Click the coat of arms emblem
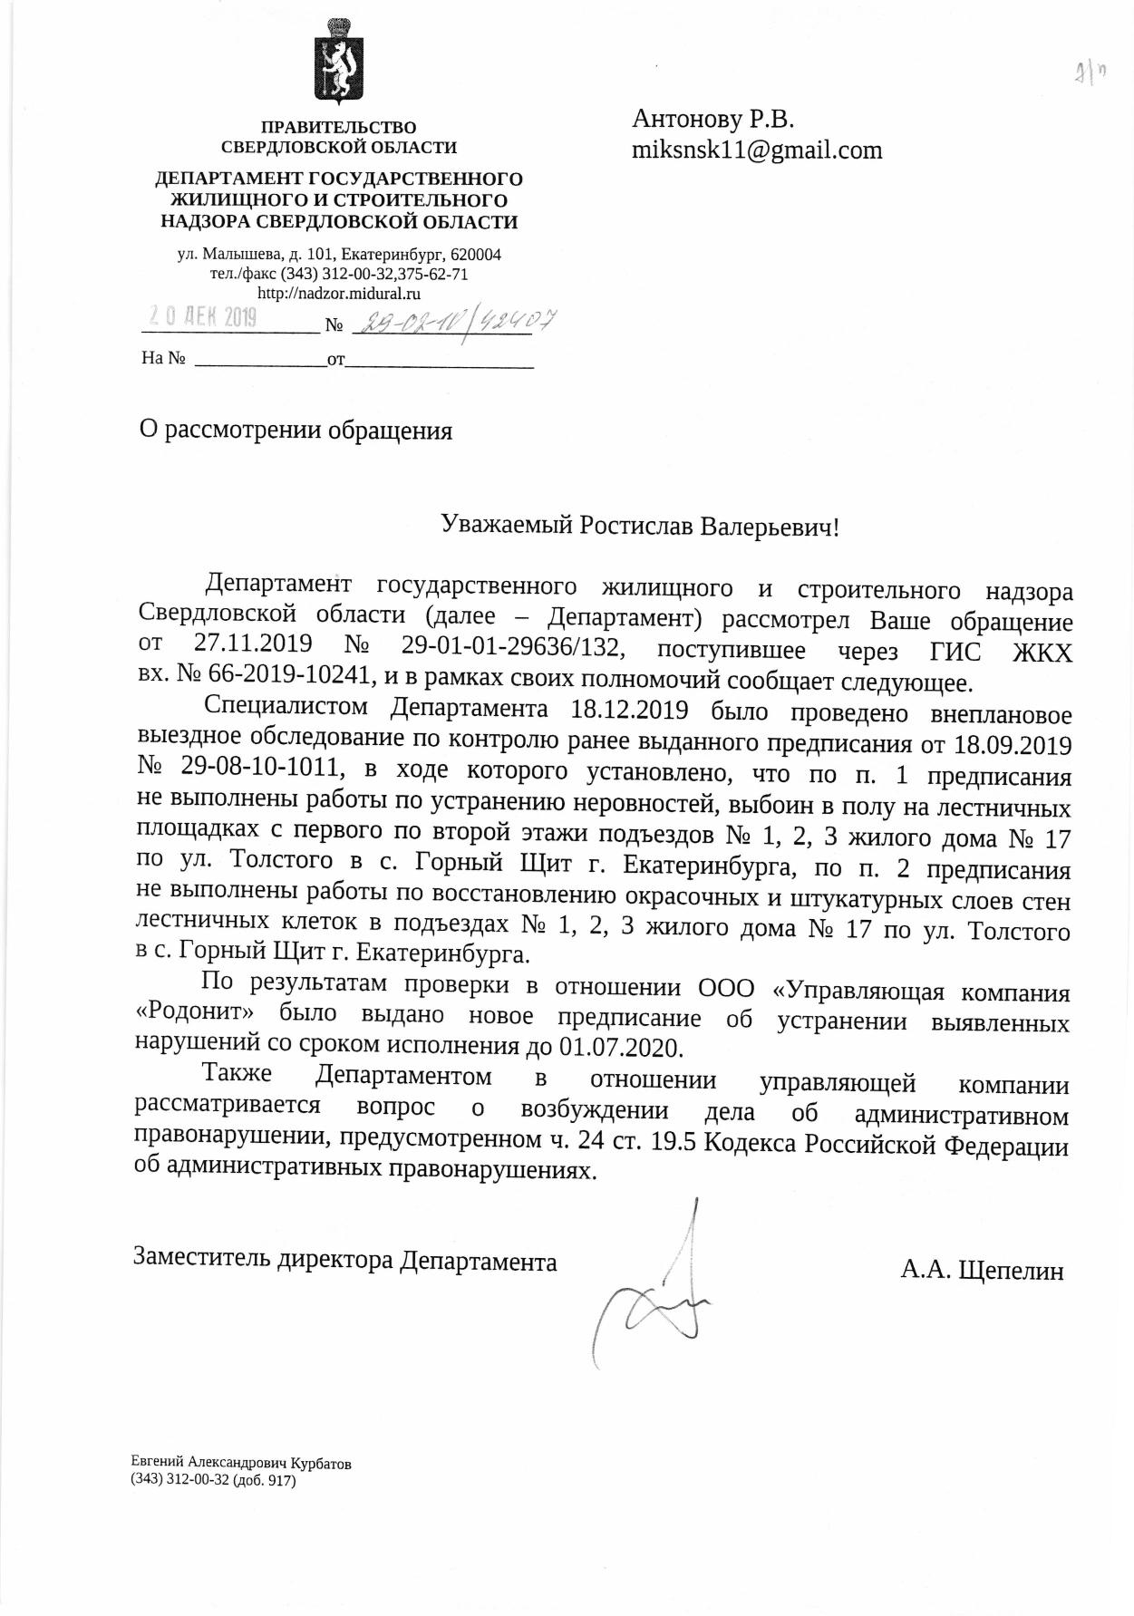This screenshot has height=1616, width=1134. [x=338, y=62]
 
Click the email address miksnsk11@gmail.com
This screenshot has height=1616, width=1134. [x=756, y=150]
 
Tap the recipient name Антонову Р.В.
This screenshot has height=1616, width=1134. [x=712, y=119]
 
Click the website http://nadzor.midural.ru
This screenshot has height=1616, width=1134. [x=339, y=294]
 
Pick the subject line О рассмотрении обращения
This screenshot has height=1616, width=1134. [x=296, y=430]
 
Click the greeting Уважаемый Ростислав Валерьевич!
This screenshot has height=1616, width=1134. [x=640, y=526]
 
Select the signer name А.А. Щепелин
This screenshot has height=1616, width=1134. [x=982, y=1270]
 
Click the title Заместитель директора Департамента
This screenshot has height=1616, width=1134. [x=345, y=1260]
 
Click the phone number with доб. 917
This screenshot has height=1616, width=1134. [x=214, y=1481]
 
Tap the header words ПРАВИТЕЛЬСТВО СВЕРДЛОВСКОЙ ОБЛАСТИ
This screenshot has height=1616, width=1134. [x=339, y=137]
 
